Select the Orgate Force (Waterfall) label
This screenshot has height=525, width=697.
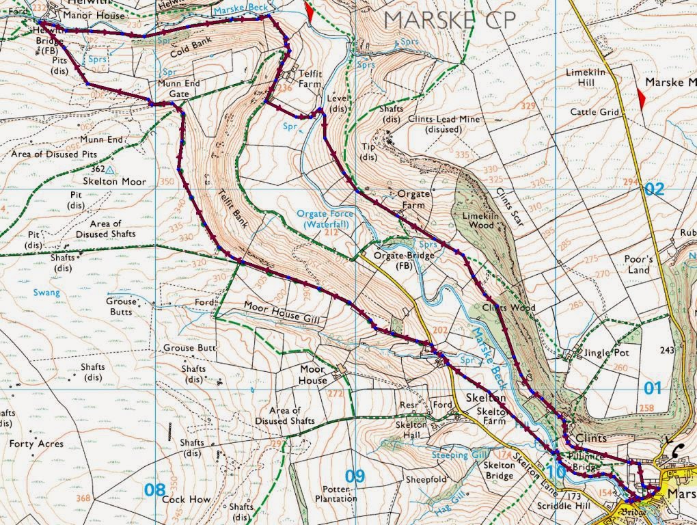pos(325,219)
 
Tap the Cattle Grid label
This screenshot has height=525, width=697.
pos(594,112)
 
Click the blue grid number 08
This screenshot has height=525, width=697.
pos(155,489)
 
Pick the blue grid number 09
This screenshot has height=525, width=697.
pos(355,476)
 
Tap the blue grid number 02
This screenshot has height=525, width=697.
pos(653,189)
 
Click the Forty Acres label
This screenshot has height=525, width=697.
pos(36,444)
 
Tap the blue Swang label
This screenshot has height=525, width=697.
pos(46,293)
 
